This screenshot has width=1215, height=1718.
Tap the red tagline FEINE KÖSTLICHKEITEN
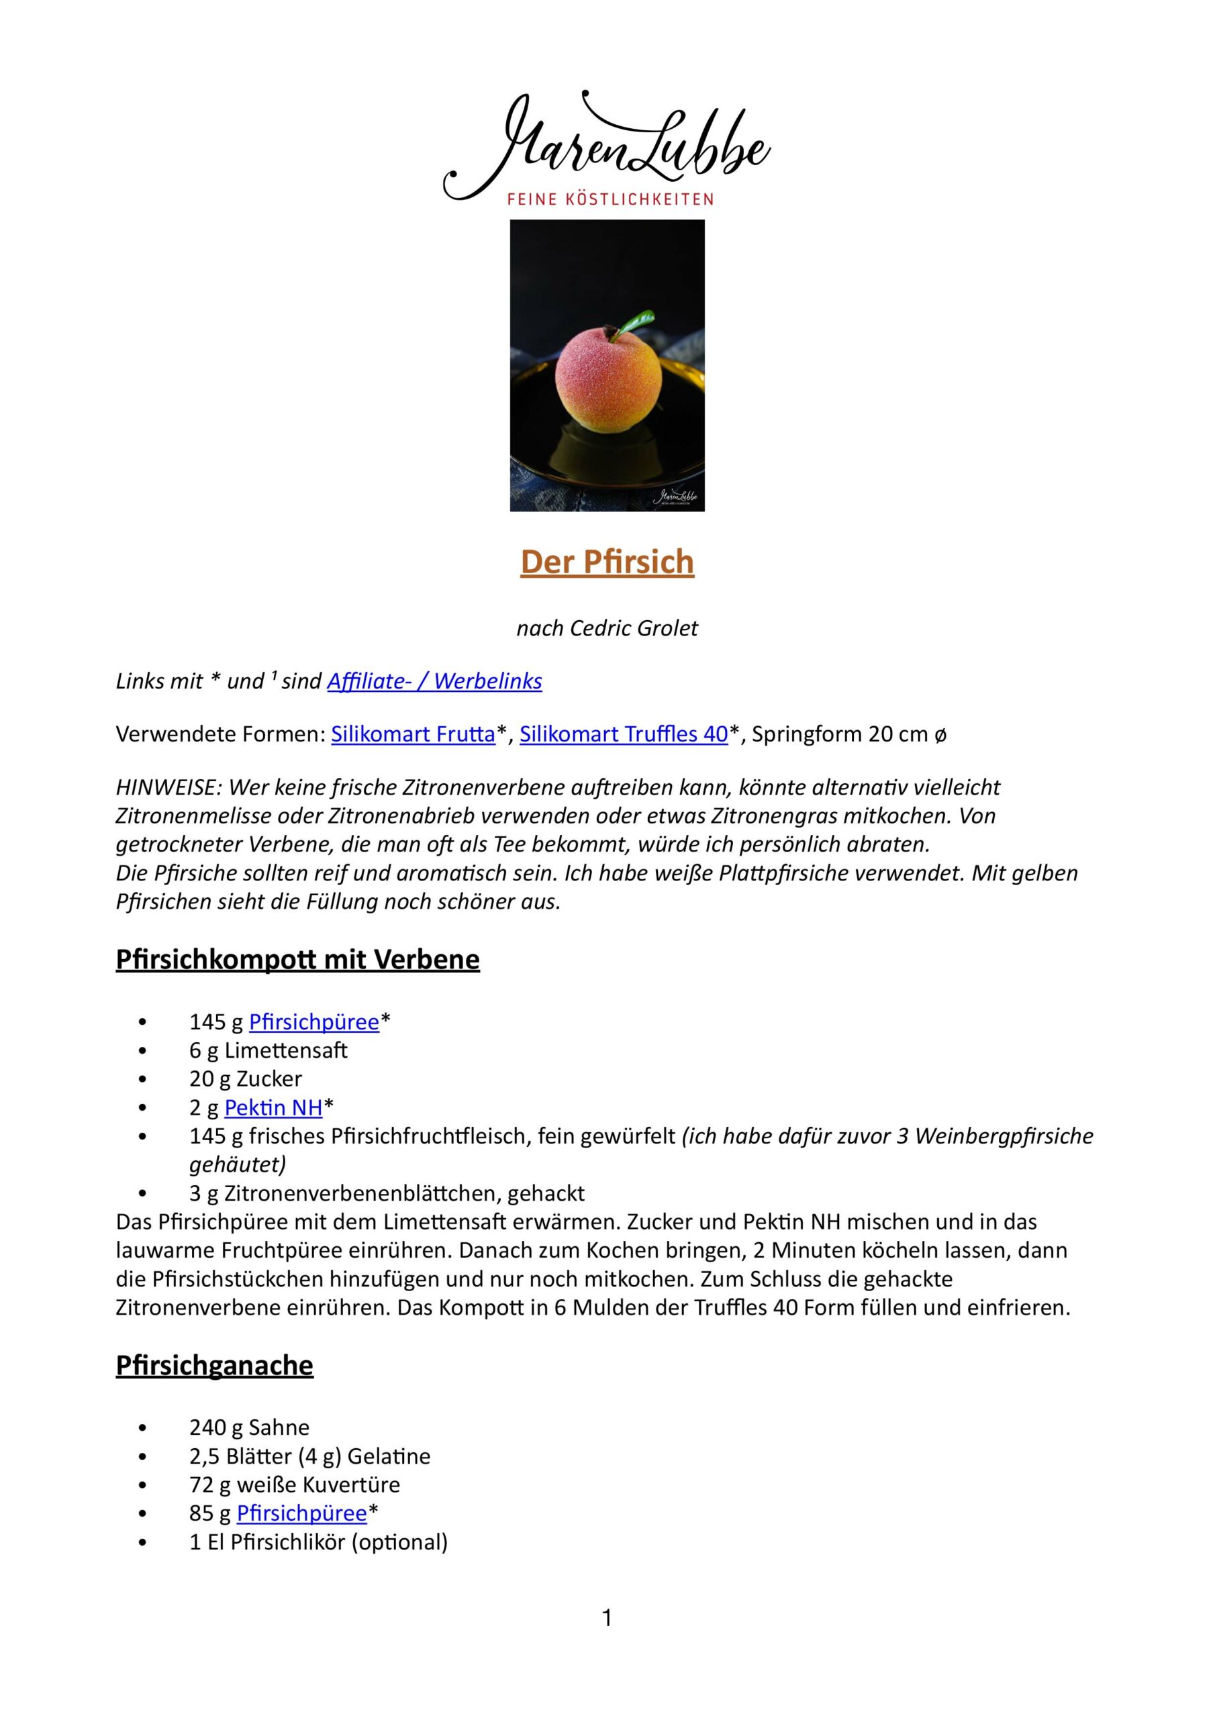pos(610,200)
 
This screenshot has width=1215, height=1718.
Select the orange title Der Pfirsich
pos(607,562)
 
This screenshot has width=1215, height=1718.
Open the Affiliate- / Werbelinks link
pos(434,681)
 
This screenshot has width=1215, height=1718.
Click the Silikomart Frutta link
pos(414,734)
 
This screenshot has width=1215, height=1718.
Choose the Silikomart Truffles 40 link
pos(624,734)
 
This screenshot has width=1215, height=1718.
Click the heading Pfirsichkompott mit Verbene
pos(297,959)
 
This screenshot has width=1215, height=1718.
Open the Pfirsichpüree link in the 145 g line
pos(313,1021)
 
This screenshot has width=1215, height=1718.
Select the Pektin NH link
pos(273,1107)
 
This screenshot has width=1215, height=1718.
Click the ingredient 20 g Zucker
pos(246,1078)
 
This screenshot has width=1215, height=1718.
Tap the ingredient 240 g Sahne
pos(249,1427)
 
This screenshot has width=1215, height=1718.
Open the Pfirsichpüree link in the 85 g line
pos(301,1512)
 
